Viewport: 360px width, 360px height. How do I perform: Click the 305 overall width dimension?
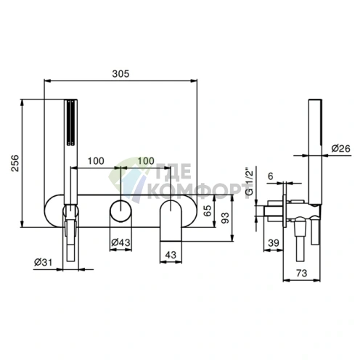tap(120, 73)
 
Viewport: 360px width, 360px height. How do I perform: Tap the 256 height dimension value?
tap(15, 163)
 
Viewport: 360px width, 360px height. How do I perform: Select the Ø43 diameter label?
tap(120, 242)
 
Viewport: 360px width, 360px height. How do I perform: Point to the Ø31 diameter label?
tap(43, 262)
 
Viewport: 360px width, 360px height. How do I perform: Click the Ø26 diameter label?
tap(340, 148)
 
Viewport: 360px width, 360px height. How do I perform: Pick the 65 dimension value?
tap(208, 210)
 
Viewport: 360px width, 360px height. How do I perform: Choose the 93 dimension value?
tap(225, 218)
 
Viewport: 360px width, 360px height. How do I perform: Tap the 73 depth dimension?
tap(301, 273)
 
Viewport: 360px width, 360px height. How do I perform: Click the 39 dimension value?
tap(274, 242)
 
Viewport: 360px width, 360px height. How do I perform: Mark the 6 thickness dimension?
tap(271, 176)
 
